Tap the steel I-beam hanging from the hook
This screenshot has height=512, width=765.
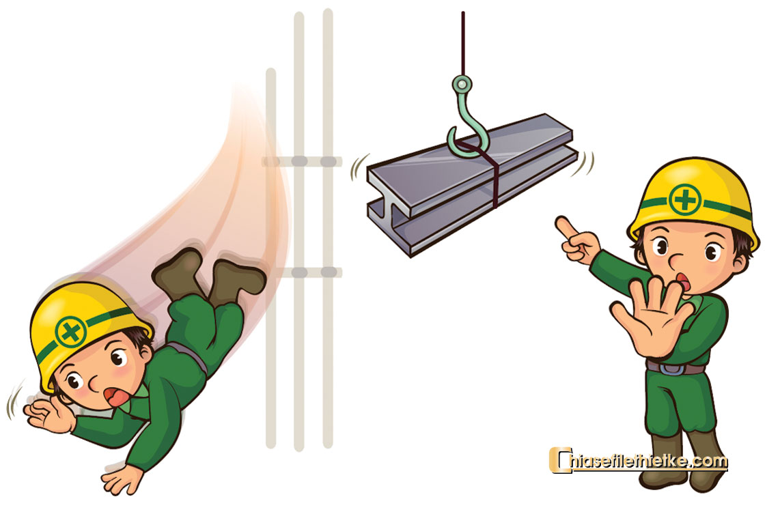point(471,185)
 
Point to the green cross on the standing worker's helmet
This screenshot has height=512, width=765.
point(685,199)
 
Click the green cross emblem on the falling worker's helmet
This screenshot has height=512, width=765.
point(71,332)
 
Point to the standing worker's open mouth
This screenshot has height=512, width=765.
point(683,282)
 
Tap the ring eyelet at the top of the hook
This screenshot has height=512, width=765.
point(462,84)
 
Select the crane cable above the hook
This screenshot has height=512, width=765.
point(462,44)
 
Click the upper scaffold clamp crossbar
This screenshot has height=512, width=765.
point(302,161)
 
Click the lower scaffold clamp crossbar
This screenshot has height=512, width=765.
point(307,272)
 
